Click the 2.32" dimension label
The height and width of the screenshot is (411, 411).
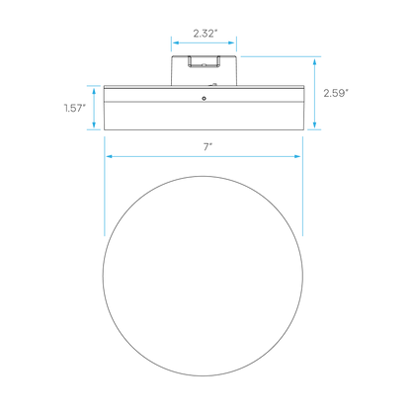205,34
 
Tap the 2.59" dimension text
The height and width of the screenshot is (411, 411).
336,93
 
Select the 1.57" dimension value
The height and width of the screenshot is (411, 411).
75,108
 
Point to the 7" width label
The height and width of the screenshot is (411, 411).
207,147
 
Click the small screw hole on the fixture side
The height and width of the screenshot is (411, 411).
205,99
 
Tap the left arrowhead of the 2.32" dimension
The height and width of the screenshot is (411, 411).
176,42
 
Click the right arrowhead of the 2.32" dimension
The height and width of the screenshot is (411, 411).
231,42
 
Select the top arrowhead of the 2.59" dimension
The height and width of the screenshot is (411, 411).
315,62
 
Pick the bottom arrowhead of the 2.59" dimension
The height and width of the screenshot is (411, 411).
315,124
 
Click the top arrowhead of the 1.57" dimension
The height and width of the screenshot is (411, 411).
94,91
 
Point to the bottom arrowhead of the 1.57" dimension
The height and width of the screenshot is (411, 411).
94,124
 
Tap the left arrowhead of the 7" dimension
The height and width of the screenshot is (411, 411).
110,156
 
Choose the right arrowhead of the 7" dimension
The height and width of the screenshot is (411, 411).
297,156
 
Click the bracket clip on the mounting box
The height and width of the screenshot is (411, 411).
204,62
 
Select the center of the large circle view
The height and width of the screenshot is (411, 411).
203,276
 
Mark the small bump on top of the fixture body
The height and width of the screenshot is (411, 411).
214,84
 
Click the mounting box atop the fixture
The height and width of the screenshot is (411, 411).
204,71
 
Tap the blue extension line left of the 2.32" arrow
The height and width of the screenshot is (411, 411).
171,44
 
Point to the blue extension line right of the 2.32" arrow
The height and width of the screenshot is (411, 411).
236,44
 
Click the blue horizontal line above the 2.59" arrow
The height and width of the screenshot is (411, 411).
281,56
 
